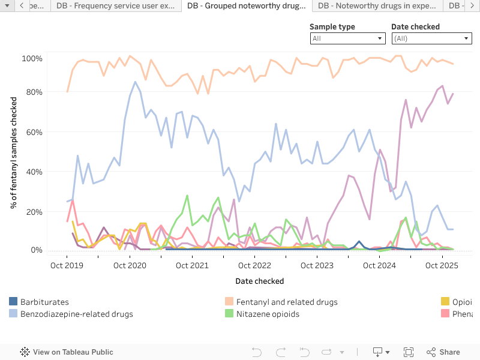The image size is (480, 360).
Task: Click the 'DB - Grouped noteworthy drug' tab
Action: pyautogui.click(x=246, y=6)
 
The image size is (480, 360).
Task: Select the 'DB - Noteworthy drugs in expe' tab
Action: pyautogui.click(x=377, y=6)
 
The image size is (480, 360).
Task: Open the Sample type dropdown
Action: pyautogui.click(x=347, y=38)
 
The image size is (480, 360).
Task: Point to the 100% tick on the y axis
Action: pyautogui.click(x=32, y=59)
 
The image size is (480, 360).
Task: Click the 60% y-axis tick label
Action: pyautogui.click(x=33, y=132)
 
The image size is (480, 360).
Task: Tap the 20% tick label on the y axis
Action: pyautogui.click(x=33, y=212)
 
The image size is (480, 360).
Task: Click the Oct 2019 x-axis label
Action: pyautogui.click(x=67, y=265)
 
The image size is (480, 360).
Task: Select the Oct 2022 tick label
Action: pyautogui.click(x=254, y=265)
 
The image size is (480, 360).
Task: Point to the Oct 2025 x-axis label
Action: pyautogui.click(x=442, y=265)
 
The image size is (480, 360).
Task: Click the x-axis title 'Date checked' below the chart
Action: pyautogui.click(x=260, y=281)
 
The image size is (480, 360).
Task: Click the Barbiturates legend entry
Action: pyautogui.click(x=44, y=302)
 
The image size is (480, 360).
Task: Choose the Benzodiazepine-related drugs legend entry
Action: pyautogui.click(x=76, y=314)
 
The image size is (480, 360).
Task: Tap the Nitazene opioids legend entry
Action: pyautogui.click(x=268, y=314)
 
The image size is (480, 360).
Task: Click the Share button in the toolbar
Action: pyautogui.click(x=443, y=352)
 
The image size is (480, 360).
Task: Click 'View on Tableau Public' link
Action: pyautogui.click(x=67, y=352)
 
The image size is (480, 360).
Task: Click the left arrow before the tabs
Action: pyautogui.click(x=22, y=6)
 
